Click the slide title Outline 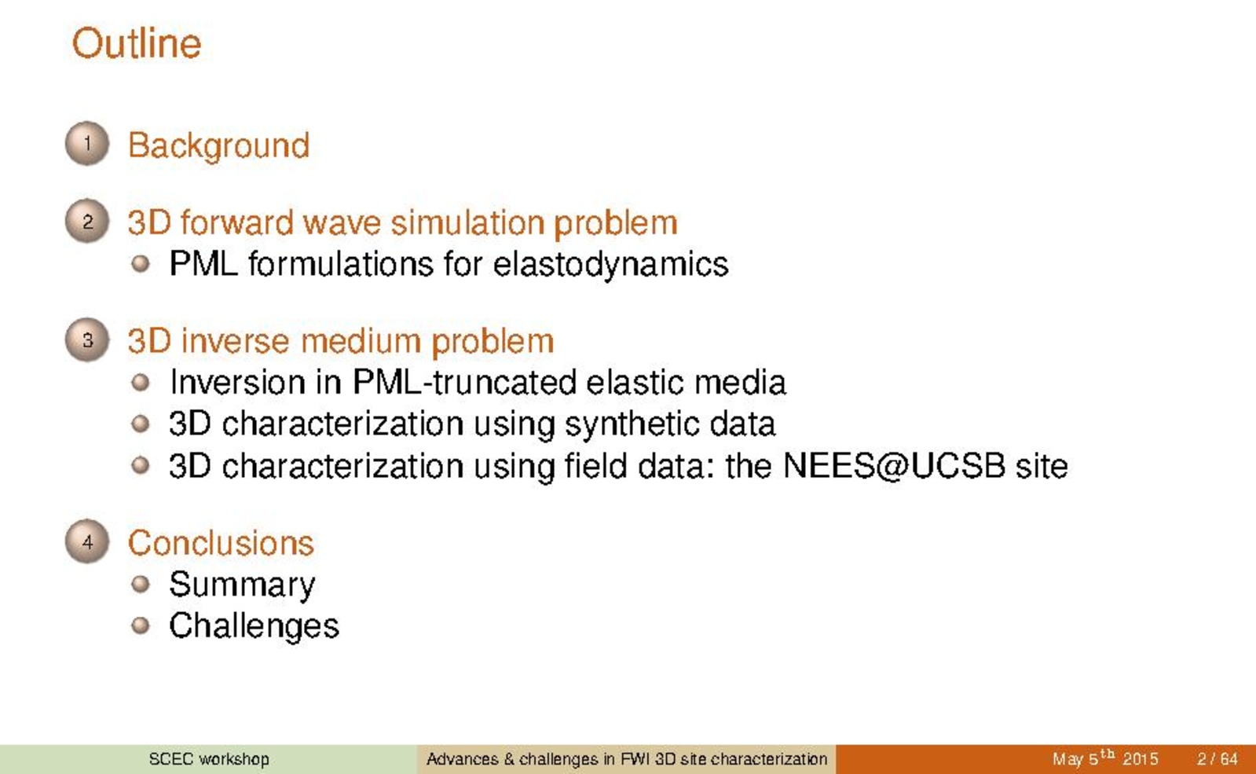pos(136,43)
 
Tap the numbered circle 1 pos(87,144)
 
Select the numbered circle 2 pos(87,221)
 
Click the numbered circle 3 pos(87,340)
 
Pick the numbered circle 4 pos(87,542)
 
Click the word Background pos(218,147)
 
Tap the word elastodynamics pos(610,265)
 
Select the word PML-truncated pos(465,383)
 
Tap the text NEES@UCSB pos(895,466)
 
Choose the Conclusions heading pos(221,543)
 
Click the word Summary pos(242,585)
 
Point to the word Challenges pos(254,626)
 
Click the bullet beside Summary pos(140,584)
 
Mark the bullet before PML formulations pos(140,263)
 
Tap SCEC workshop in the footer pos(209,759)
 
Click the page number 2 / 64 pos(1217,759)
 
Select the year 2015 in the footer pos(1140,759)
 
